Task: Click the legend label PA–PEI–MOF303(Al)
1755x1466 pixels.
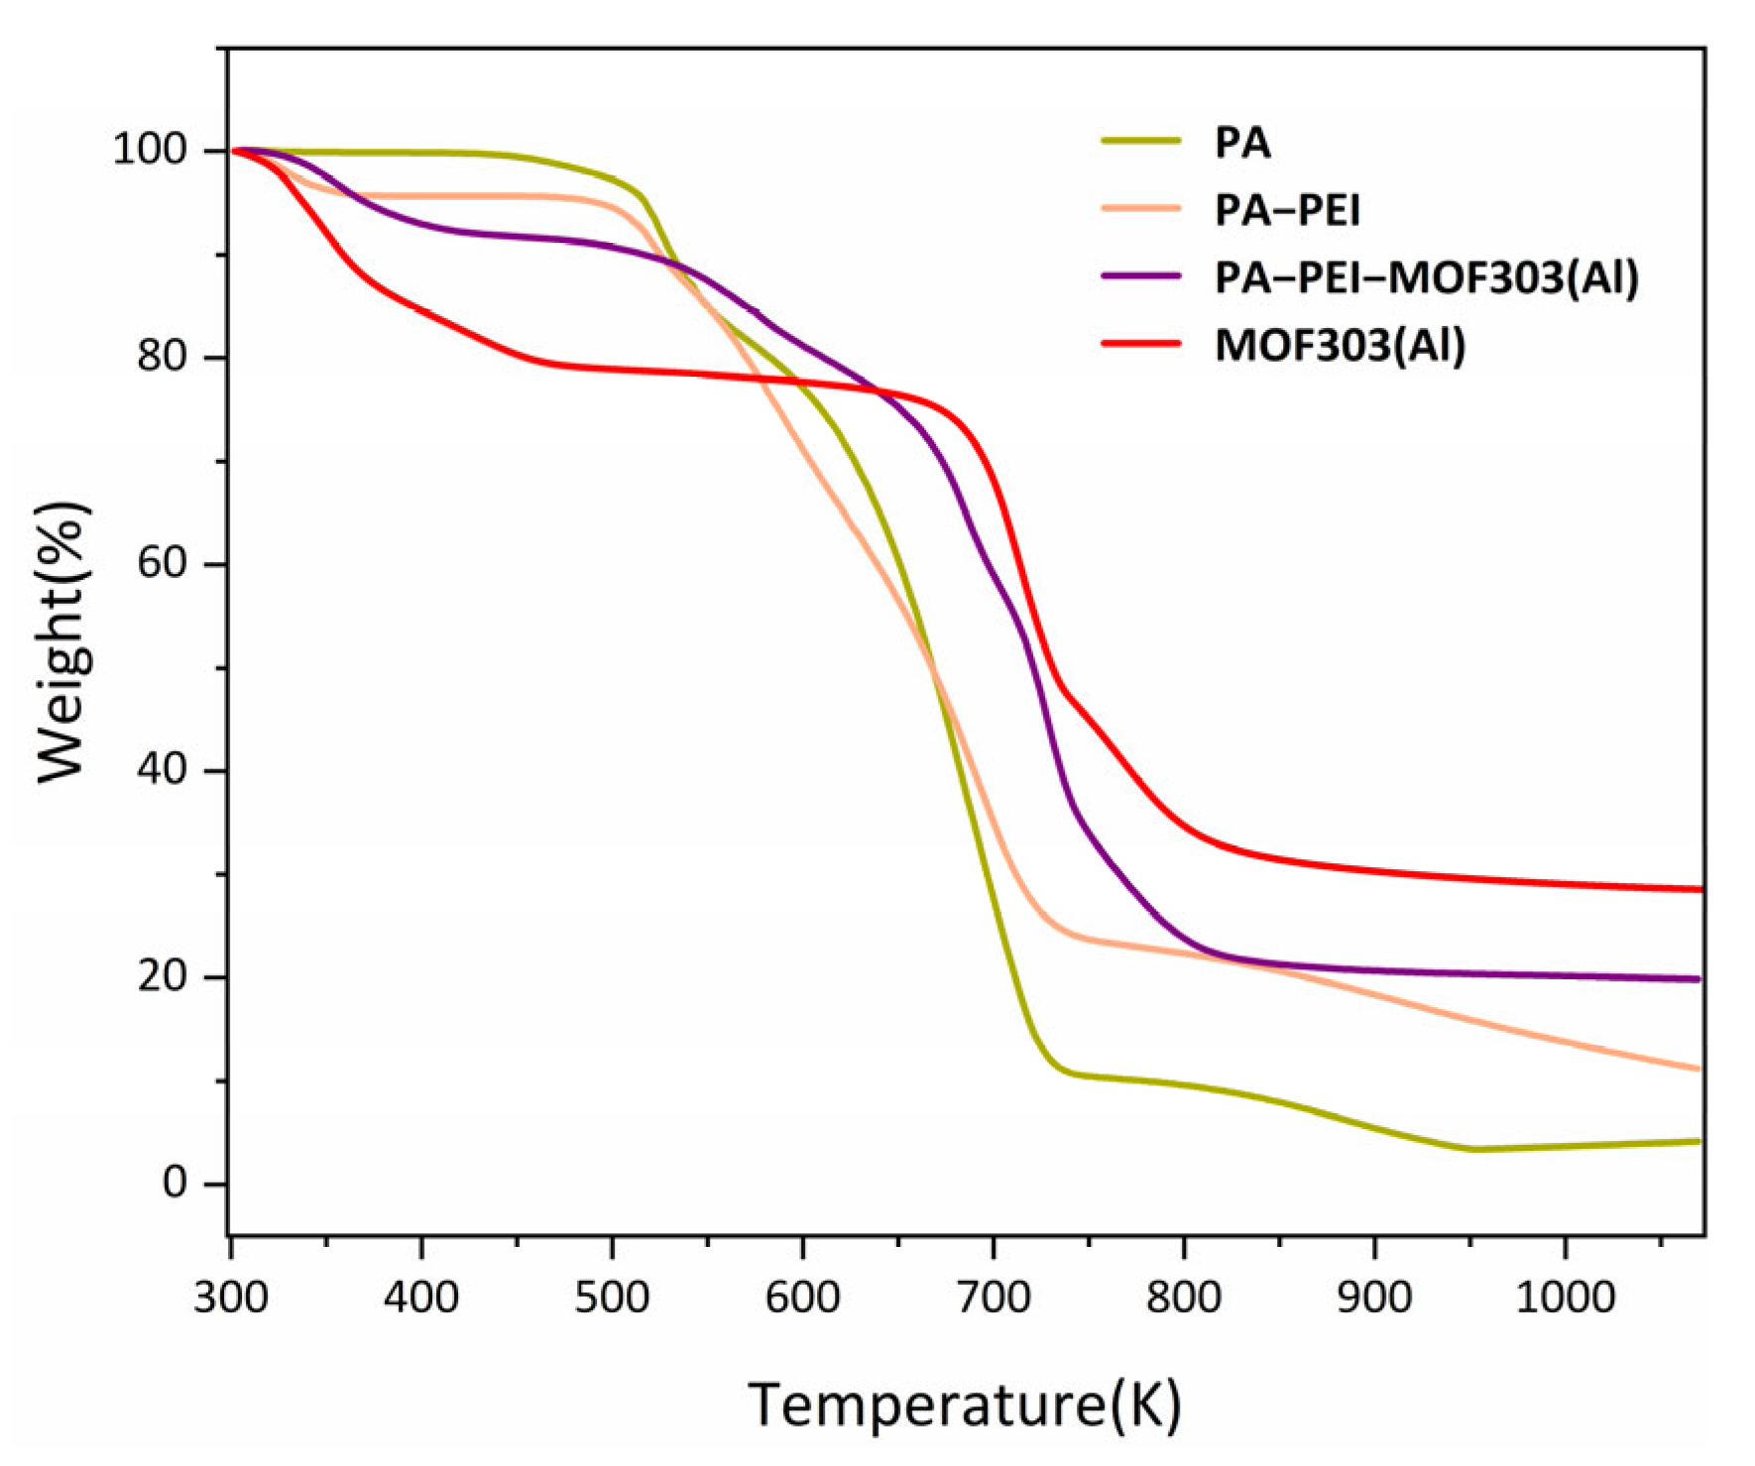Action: (1427, 278)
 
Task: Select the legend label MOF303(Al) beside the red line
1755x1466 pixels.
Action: (1340, 345)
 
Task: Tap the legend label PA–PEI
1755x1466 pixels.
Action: (1287, 210)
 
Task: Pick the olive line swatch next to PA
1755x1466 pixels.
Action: (1141, 142)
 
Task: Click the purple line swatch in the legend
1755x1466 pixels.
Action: (1141, 277)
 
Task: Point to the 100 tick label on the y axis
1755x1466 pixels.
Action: (150, 150)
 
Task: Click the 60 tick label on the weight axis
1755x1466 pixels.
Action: (163, 563)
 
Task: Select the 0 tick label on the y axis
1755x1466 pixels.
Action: (175, 1183)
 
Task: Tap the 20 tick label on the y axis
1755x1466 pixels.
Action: (163, 976)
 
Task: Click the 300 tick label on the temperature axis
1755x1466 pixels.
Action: (231, 1297)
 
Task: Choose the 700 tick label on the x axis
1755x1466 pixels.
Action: (994, 1297)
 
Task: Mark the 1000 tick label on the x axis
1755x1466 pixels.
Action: (1565, 1297)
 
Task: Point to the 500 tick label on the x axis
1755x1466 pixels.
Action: (612, 1297)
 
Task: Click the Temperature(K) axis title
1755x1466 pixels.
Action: (965, 1405)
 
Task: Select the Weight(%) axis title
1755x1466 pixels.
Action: (63, 642)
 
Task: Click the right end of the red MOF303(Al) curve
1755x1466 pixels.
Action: (1698, 889)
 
